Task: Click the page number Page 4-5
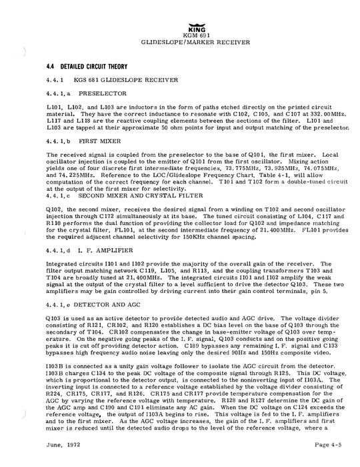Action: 311,454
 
